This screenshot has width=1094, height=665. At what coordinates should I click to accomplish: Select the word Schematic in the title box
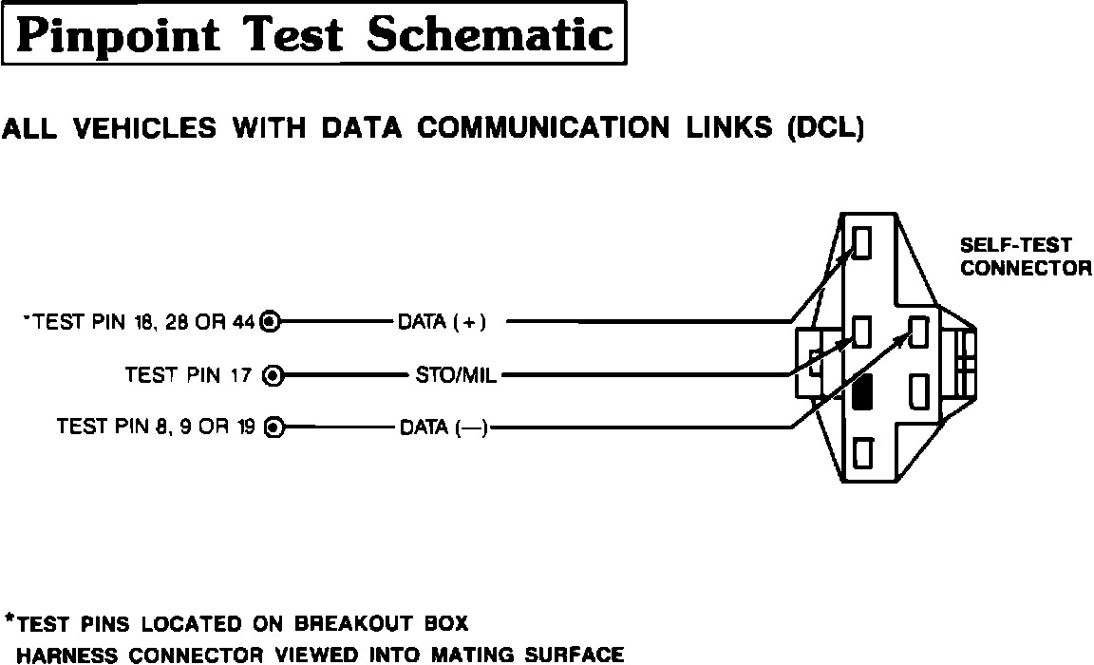point(490,36)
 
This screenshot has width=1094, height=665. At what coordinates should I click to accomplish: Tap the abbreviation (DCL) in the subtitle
point(825,128)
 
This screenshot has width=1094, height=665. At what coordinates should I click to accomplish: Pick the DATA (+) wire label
point(442,322)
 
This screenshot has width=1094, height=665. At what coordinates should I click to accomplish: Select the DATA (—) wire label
point(443,427)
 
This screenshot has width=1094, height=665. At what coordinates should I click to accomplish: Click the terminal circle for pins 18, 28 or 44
point(270,322)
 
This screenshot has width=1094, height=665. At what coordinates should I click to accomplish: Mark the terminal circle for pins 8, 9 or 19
point(273,427)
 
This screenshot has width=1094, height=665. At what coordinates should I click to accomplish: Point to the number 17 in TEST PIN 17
point(242,375)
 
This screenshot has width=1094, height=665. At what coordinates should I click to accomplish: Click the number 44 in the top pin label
point(244,322)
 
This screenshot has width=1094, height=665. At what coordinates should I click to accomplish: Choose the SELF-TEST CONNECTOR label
point(1026,256)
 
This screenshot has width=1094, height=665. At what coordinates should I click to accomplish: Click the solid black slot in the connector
point(862,391)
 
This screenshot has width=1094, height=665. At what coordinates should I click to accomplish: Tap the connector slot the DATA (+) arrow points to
point(862,242)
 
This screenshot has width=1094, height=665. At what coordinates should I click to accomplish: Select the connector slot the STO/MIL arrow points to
point(862,332)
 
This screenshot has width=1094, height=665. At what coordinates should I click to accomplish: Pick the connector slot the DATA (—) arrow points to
point(919,332)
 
